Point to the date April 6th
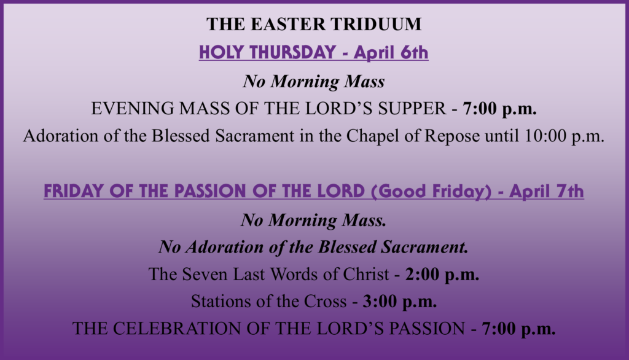391,53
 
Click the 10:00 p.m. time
564,136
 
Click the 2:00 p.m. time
442,275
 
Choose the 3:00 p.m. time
399,302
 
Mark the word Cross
325,302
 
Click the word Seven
205,275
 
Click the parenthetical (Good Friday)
431,191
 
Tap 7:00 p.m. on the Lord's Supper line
499,109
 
